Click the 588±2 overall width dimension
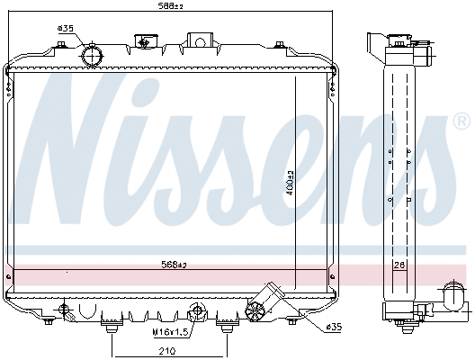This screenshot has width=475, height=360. pyautogui.click(x=167, y=8)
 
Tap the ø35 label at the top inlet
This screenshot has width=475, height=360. pyautogui.click(x=65, y=29)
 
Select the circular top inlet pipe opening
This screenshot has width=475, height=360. pyautogui.click(x=93, y=56)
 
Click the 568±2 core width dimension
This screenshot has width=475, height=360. pyautogui.click(x=174, y=265)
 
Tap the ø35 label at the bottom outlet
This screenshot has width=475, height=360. pyautogui.click(x=332, y=326)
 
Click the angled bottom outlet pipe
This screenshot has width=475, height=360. pyautogui.click(x=267, y=301)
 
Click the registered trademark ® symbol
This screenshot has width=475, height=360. pyautogui.click(x=460, y=120)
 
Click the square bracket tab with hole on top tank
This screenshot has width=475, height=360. pyautogui.click(x=197, y=40)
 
